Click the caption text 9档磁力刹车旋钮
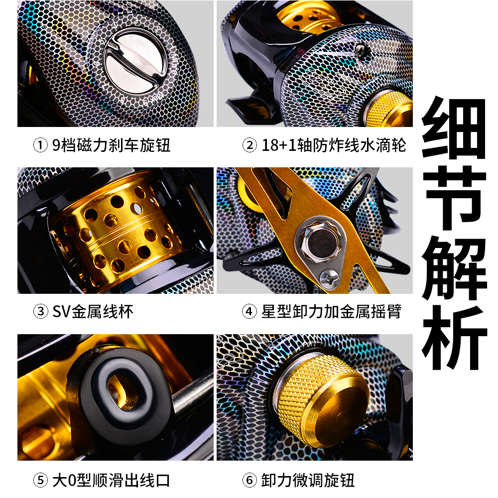pos(111,145)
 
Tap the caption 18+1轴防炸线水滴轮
pos(334,145)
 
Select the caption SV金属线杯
pos(93,312)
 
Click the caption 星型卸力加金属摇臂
pos(331,312)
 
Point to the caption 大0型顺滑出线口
pos(111,481)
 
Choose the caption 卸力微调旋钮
pos(308,481)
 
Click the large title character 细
pos(454,127)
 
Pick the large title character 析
pos(454,336)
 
